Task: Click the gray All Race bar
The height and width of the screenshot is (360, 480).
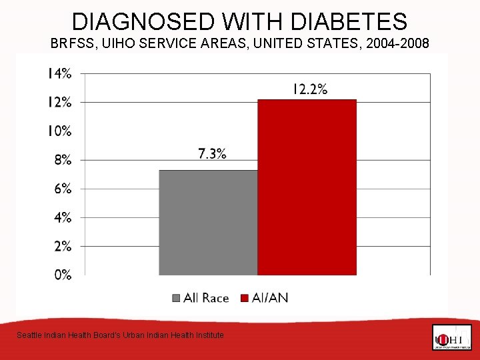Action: [x=208, y=222]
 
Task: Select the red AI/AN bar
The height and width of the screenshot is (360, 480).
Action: [x=307, y=187]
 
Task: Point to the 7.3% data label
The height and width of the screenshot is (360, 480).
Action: [x=212, y=154]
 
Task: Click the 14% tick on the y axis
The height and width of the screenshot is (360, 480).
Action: [x=59, y=73]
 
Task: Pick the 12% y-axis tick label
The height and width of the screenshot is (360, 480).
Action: [x=59, y=102]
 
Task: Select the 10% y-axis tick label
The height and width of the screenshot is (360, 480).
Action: [x=59, y=131]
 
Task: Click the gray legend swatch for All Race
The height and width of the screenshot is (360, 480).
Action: [x=177, y=298]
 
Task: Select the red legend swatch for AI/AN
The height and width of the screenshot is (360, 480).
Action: [x=245, y=298]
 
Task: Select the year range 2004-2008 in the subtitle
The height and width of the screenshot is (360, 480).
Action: [x=397, y=45]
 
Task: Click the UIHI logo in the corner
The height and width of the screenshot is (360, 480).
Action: [x=451, y=337]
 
